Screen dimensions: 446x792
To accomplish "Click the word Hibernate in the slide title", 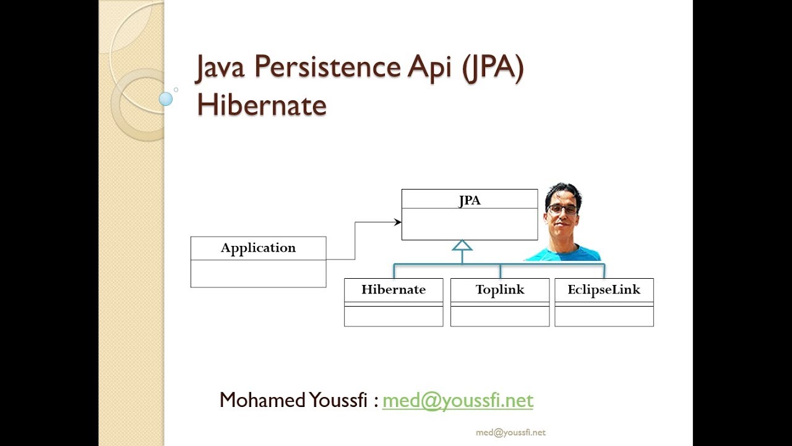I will (x=261, y=105).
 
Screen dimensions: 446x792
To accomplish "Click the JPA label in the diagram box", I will (x=470, y=200).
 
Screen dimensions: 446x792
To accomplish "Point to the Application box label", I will (x=258, y=248).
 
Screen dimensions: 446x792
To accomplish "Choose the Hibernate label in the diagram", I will (x=394, y=289).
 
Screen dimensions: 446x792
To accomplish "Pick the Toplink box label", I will (x=500, y=289).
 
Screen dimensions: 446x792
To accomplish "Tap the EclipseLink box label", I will (x=604, y=289).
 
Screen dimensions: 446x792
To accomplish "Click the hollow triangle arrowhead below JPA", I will (x=462, y=246).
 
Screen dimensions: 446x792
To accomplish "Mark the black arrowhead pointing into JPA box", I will (x=398, y=222).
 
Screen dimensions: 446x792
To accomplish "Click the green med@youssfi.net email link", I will (x=458, y=400).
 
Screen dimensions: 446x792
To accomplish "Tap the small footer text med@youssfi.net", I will (x=510, y=432).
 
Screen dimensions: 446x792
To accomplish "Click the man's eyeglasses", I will (x=562, y=209).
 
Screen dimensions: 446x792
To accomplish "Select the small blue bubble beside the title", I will (x=166, y=98).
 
